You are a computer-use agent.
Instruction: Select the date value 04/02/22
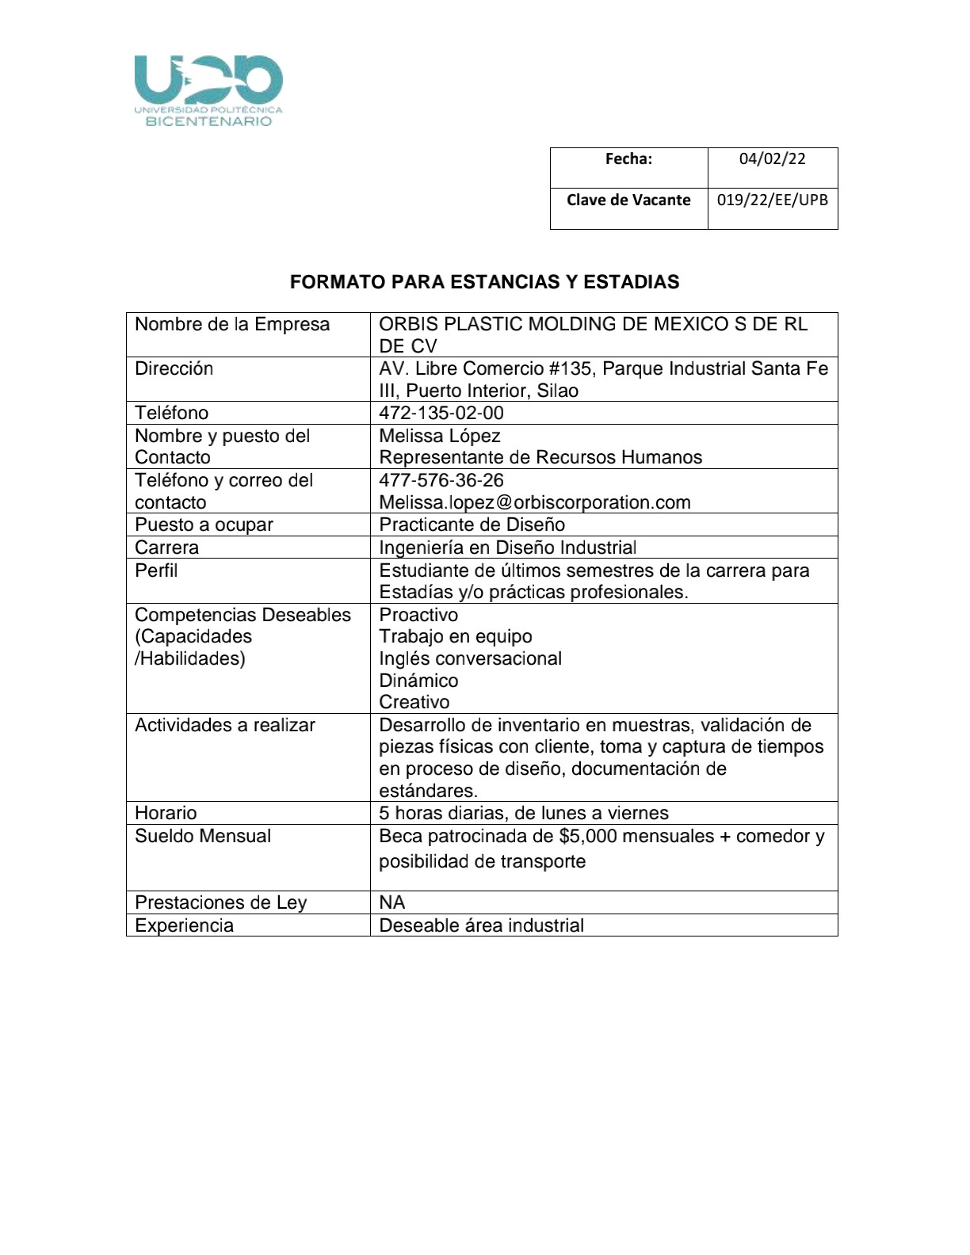[x=772, y=158]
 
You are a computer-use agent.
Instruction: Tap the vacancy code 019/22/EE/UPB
[x=772, y=200]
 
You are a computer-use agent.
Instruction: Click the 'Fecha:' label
[x=628, y=158]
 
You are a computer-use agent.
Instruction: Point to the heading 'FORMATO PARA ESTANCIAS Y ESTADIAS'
[x=484, y=282]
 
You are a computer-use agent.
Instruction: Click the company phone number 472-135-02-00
[x=441, y=413]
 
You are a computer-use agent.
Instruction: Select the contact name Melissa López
[x=440, y=436]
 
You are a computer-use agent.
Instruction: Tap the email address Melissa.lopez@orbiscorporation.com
[x=535, y=502]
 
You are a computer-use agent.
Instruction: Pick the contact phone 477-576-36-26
[x=441, y=480]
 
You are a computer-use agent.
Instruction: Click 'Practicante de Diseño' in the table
[x=472, y=525]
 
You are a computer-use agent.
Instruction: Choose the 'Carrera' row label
[x=167, y=547]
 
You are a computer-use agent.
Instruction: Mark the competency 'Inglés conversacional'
[x=470, y=658]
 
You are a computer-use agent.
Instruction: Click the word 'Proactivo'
[x=418, y=615]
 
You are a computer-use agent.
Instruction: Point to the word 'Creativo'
[x=414, y=702]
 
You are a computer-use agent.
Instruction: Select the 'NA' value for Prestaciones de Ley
[x=392, y=902]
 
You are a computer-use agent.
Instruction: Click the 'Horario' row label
[x=166, y=813]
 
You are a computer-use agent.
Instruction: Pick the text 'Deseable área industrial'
[x=482, y=925]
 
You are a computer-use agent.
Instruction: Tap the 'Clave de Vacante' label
[x=628, y=200]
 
